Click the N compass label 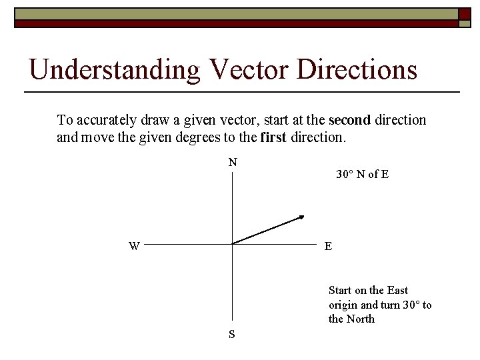[233, 162]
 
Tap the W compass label [134, 246]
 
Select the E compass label [328, 246]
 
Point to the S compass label [231, 334]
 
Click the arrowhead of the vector [301, 217]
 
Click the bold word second [349, 120]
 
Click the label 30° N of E [362, 174]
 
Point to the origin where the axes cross [232, 243]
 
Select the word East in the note [397, 290]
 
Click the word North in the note [361, 319]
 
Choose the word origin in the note [343, 305]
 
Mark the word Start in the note [341, 290]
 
